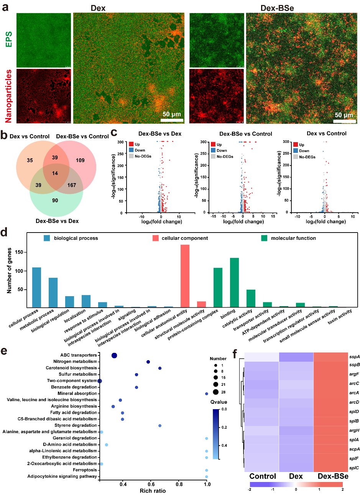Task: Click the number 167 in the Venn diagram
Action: coord(71,185)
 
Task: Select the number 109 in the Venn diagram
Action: coord(80,160)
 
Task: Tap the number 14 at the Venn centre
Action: coord(55,173)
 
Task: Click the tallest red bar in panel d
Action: coord(185,276)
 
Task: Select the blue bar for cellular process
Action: coord(36,287)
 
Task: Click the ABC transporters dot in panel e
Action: coord(114,356)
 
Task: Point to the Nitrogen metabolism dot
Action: coord(148,362)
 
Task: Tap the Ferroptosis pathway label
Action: coord(85,470)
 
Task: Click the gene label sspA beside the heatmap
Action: coord(354,357)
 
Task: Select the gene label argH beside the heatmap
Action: coord(354,430)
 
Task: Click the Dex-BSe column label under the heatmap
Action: coord(333,476)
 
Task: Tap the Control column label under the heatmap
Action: coord(263,476)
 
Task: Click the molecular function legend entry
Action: coord(293,238)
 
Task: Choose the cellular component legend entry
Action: coord(185,238)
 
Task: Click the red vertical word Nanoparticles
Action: coord(8,96)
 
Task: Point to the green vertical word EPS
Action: coord(8,39)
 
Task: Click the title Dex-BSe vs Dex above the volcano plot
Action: coord(160,134)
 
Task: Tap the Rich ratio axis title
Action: coord(153,491)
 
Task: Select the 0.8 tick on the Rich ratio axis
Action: coord(179,484)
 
